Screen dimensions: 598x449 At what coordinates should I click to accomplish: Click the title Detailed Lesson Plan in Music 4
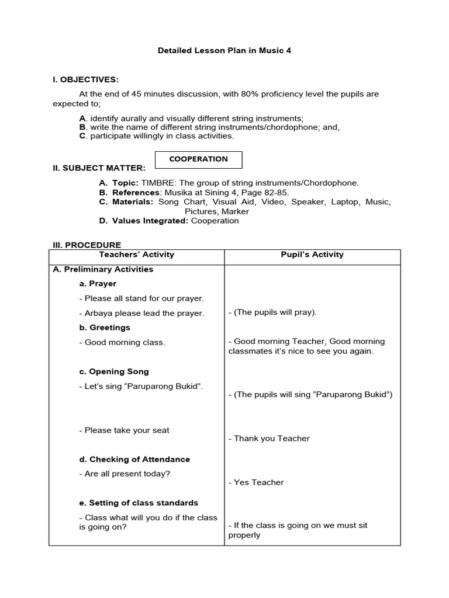224,51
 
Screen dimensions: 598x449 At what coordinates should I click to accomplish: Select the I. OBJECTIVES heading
85,79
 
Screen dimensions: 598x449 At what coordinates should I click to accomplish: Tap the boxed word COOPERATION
198,159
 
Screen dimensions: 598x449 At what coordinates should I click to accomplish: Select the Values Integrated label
148,221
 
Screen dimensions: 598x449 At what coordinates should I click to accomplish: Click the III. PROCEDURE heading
87,245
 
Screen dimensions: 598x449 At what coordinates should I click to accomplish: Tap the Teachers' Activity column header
137,255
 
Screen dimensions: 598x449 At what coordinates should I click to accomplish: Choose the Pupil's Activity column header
312,255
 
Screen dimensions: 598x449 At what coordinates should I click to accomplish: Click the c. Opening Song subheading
114,371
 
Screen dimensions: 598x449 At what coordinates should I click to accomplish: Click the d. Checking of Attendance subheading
134,459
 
